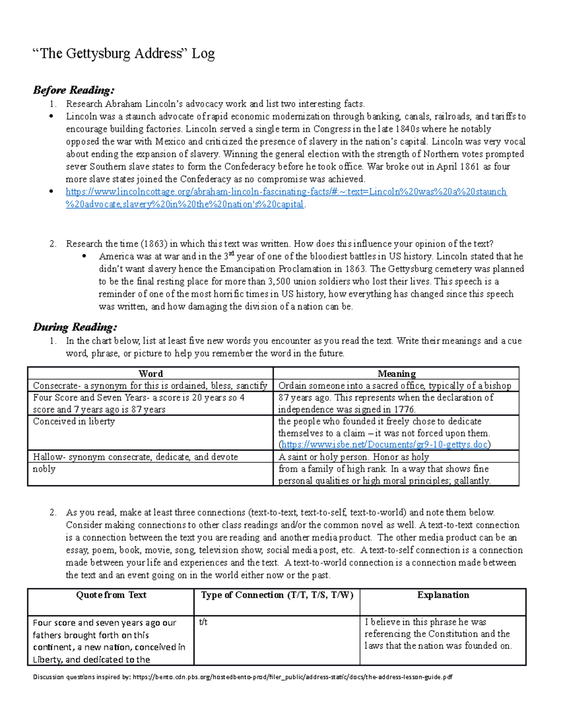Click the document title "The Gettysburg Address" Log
pos(123,53)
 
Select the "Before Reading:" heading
pos(73,90)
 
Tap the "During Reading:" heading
pos(75,327)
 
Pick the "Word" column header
pos(151,374)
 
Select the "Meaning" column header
pos(396,374)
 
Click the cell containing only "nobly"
pos(44,469)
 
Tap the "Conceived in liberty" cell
pos(74,421)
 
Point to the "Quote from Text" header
pos(111,595)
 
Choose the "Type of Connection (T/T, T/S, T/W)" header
pos(277,595)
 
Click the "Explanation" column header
pos(443,595)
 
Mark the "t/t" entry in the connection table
pos(203,622)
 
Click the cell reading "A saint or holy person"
pos(353,457)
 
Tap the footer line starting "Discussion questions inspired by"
pos(242,677)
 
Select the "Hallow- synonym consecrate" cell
pos(135,457)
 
